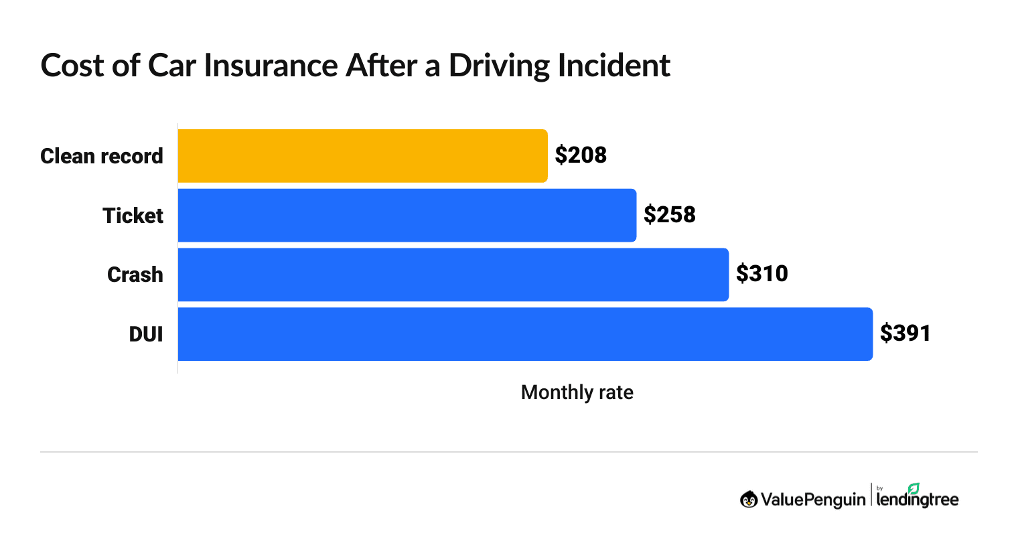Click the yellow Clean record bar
pos(362,156)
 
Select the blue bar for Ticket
pos(407,216)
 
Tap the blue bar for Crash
pos(453,275)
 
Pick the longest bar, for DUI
pos(525,334)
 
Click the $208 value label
pos(581,155)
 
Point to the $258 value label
pos(669,215)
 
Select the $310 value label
pos(761,274)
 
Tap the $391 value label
pos(905,333)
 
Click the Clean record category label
pos(102,156)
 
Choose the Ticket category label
pos(133,216)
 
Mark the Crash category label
pos(135,275)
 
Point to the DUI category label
pos(146,334)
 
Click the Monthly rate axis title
pos(577,392)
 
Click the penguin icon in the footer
pos(749,499)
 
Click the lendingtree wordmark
pos(918,500)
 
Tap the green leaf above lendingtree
pos(914,488)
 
